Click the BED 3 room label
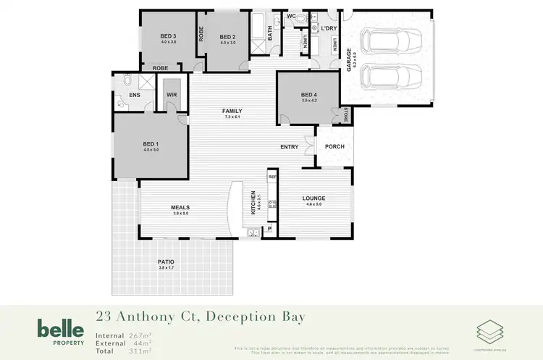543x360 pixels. click(168, 36)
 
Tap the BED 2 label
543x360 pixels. click(228, 37)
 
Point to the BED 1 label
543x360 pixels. click(151, 144)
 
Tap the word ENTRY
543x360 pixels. click(290, 147)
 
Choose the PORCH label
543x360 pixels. click(334, 147)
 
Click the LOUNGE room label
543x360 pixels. click(313, 198)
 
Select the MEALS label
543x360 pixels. click(180, 207)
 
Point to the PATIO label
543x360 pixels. click(166, 262)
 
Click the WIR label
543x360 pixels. click(172, 95)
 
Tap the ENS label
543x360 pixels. click(134, 95)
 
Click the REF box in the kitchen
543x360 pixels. click(273, 177)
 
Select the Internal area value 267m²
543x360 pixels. click(139, 335)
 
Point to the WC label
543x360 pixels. click(291, 15)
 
